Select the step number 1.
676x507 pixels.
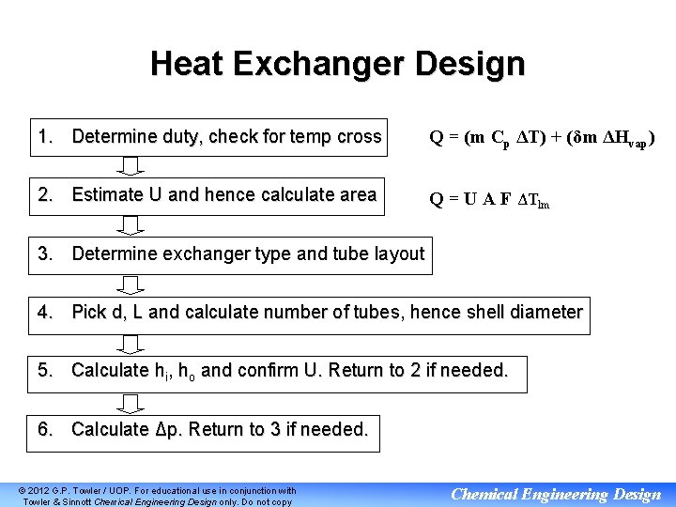pyautogui.click(x=44, y=137)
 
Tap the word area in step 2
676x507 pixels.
pyautogui.click(x=355, y=195)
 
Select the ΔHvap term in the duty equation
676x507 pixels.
pyautogui.click(x=614, y=140)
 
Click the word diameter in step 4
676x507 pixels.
pyautogui.click(x=547, y=312)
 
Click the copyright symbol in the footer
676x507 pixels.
pyautogui.click(x=23, y=491)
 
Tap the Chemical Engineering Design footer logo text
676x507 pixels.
pyautogui.click(x=556, y=494)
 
